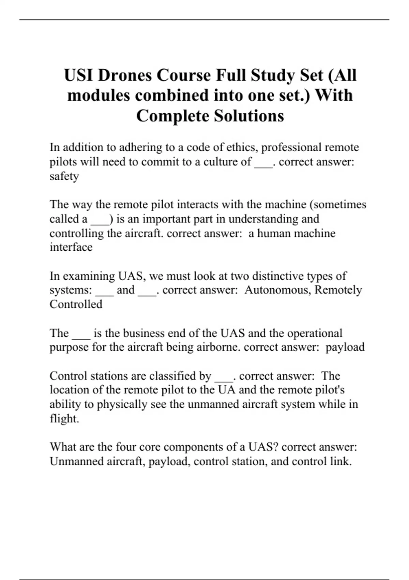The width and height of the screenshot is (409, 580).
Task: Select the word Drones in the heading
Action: click(125, 75)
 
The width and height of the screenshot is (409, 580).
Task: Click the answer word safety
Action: click(64, 176)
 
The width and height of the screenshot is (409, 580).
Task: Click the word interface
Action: click(71, 247)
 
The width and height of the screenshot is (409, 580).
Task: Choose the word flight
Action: click(64, 418)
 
